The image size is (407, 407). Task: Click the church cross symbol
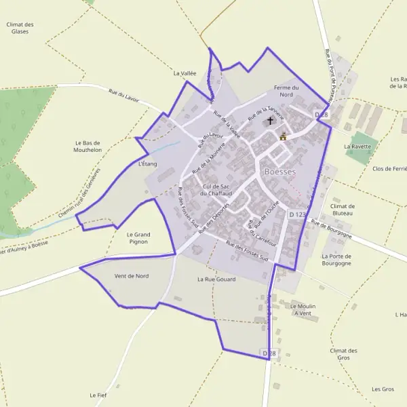click(270, 121)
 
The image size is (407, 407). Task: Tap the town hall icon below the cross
click(283, 136)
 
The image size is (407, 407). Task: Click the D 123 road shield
click(296, 214)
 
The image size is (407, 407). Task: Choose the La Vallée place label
click(185, 73)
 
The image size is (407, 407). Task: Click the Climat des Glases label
click(20, 28)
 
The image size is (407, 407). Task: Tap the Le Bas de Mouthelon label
click(88, 147)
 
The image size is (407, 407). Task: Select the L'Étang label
click(147, 164)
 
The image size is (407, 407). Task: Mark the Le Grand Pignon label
click(138, 238)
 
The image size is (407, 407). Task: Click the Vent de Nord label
click(132, 276)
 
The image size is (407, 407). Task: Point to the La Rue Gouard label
click(215, 279)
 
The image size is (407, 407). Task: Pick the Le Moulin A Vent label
click(303, 309)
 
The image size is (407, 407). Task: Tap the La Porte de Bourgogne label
click(337, 260)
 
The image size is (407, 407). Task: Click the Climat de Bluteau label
click(343, 210)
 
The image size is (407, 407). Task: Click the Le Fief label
click(98, 395)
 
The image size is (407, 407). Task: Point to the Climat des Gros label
click(343, 354)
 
